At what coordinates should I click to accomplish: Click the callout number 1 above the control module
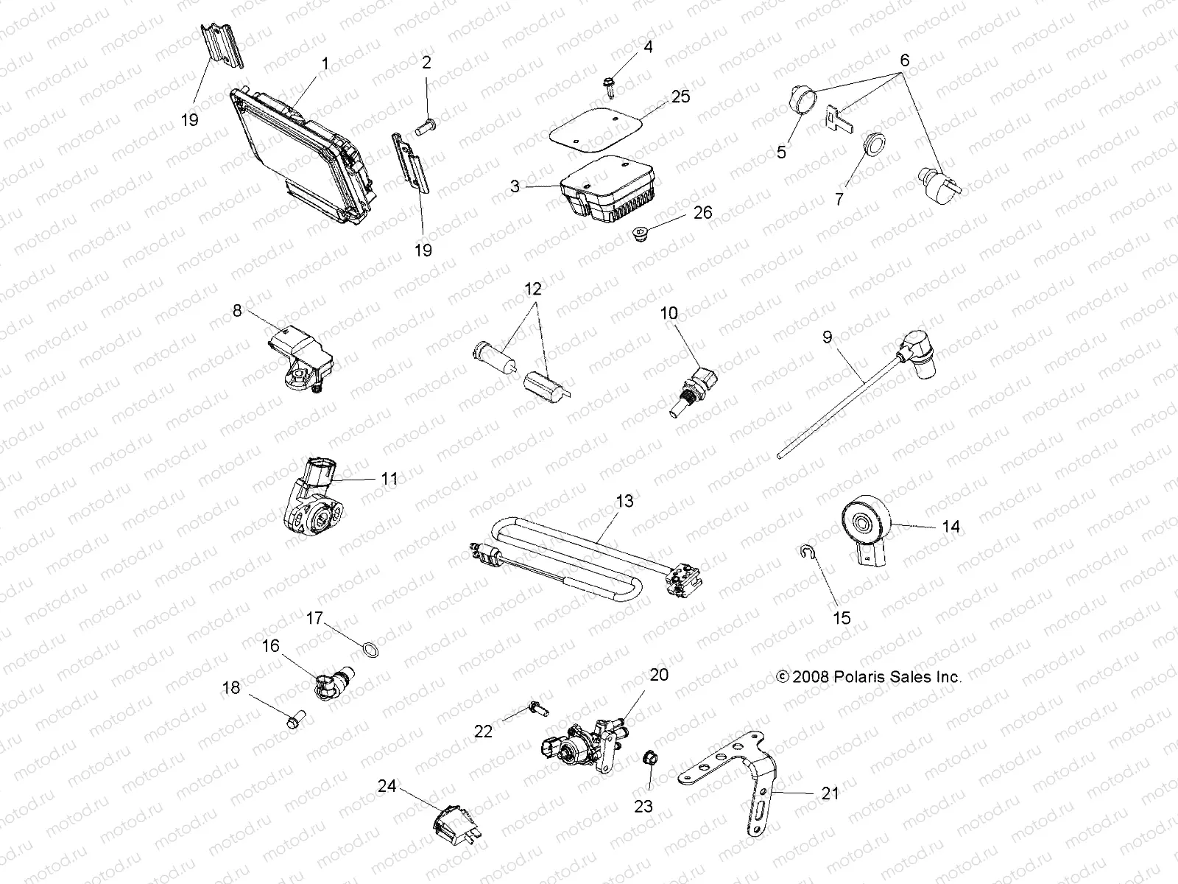(x=325, y=64)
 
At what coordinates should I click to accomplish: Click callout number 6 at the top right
(x=905, y=61)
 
